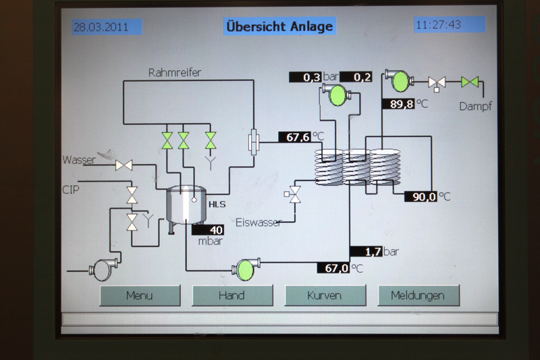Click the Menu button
point(140,295)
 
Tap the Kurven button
point(325,295)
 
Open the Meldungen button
point(418,295)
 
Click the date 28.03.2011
point(102,27)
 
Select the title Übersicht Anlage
point(279,27)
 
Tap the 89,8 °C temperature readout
point(399,104)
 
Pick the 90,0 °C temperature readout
point(421,197)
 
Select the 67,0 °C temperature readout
point(333,268)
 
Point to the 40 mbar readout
point(211,230)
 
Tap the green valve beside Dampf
point(470,82)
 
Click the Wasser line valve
point(124,165)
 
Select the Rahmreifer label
point(175,72)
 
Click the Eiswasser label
point(259,222)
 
